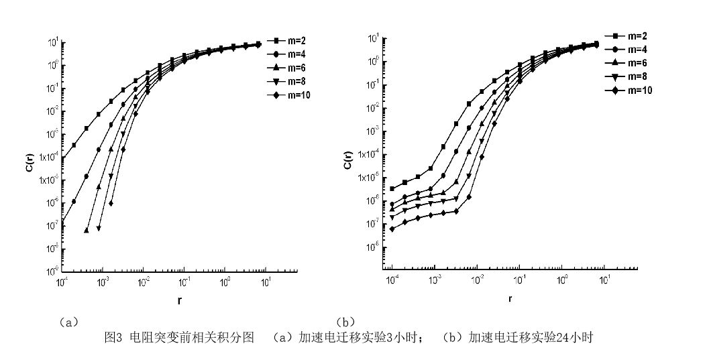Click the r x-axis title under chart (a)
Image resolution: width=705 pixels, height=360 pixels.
pyautogui.click(x=179, y=300)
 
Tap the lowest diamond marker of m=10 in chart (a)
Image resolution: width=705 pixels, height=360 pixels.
pyautogui.click(x=111, y=203)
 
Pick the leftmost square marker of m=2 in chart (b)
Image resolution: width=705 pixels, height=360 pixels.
pyautogui.click(x=392, y=188)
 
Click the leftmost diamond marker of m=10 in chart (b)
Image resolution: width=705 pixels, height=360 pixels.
pyautogui.click(x=392, y=229)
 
